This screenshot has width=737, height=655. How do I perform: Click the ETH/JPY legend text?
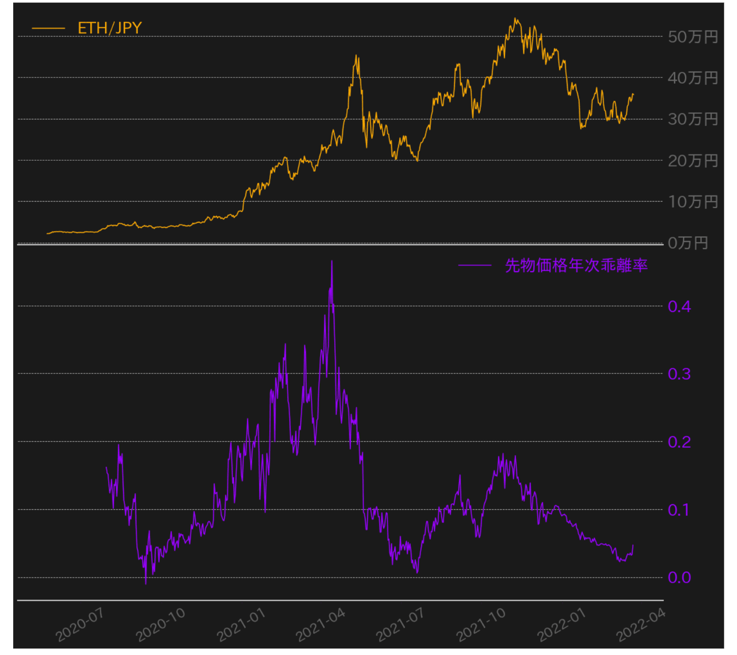coord(110,28)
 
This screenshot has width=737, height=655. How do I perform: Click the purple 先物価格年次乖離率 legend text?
coord(576,265)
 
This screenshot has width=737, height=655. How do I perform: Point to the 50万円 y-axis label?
coord(692,37)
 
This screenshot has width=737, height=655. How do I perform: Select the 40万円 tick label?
coord(692,78)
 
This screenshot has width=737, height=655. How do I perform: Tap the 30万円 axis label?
coord(692,119)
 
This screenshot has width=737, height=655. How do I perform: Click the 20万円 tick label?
coord(692,161)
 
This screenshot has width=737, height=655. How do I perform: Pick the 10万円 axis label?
coord(692,202)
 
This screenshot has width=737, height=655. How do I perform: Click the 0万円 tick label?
coord(687,243)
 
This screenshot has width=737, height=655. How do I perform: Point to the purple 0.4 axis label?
coord(679,306)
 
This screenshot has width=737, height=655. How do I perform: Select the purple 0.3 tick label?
coord(679,374)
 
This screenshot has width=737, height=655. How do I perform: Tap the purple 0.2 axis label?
coord(679,442)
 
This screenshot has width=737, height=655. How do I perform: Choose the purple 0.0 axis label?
coord(679,577)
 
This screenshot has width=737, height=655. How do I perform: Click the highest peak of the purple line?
coord(332,261)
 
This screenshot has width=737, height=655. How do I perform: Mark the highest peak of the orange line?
coord(515,19)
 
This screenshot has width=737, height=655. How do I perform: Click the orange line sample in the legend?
coord(48,28)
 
